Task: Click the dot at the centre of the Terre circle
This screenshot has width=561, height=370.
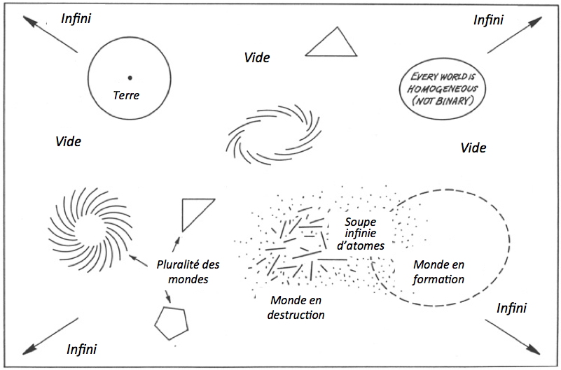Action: tap(130, 77)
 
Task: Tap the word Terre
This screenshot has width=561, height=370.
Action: tap(127, 96)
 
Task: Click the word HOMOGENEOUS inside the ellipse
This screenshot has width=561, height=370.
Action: tap(444, 89)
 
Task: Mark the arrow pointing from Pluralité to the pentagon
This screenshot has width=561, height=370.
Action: tap(165, 297)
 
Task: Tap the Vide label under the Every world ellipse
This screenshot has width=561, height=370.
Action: tap(473, 148)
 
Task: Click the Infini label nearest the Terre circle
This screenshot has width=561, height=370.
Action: tap(75, 19)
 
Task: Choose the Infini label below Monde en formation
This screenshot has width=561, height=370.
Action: tap(511, 308)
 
